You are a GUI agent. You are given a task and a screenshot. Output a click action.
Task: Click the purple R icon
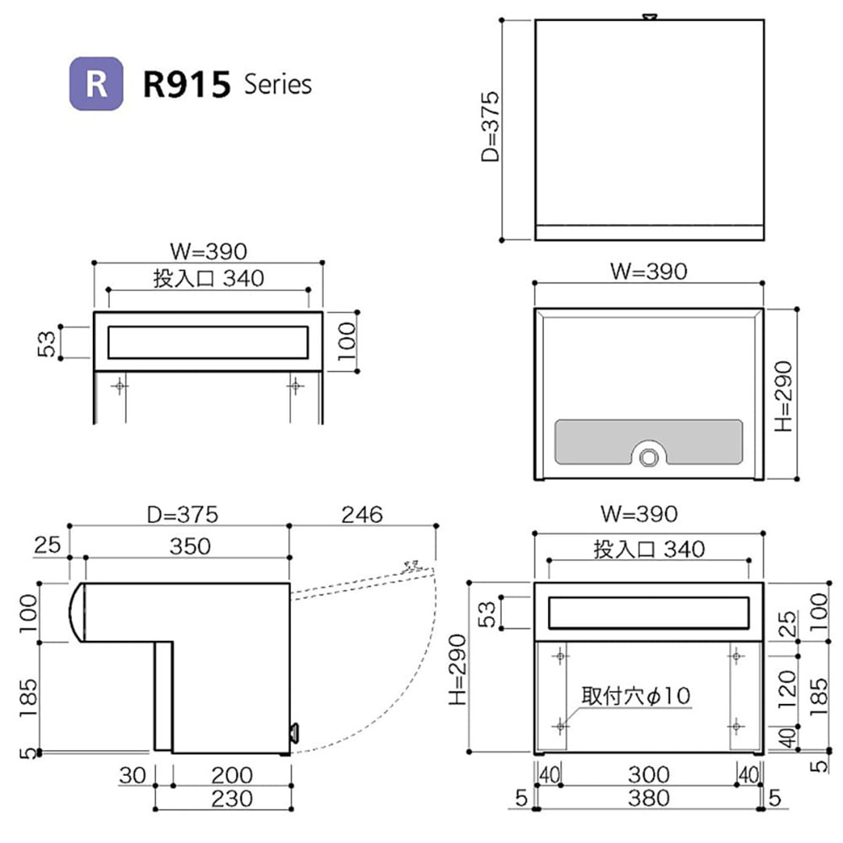pyautogui.click(x=96, y=84)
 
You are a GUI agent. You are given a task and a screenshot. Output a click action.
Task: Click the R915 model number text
pyautogui.click(x=187, y=84)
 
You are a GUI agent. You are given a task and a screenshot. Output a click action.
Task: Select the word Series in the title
pyautogui.click(x=277, y=84)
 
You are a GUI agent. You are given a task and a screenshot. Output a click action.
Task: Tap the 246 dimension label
pyautogui.click(x=362, y=514)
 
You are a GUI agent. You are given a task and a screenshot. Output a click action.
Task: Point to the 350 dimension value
pyautogui.click(x=190, y=546)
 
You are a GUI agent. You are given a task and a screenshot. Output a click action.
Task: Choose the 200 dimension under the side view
pyautogui.click(x=232, y=775)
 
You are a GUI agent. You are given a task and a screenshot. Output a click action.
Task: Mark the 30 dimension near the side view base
pyautogui.click(x=132, y=775)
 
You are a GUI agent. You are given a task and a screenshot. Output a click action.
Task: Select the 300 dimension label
pyautogui.click(x=648, y=774)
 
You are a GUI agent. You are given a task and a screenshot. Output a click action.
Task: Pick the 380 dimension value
pyautogui.click(x=648, y=798)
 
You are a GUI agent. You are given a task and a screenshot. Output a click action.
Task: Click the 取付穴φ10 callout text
pyautogui.click(x=635, y=695)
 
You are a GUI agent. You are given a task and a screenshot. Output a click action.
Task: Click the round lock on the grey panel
pyautogui.click(x=647, y=456)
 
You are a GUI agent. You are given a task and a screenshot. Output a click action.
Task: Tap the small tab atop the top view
pyautogui.click(x=649, y=16)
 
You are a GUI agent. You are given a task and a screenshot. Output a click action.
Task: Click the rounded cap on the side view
pyautogui.click(x=75, y=612)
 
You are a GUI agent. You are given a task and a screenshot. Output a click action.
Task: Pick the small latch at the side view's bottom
pyautogui.click(x=294, y=732)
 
